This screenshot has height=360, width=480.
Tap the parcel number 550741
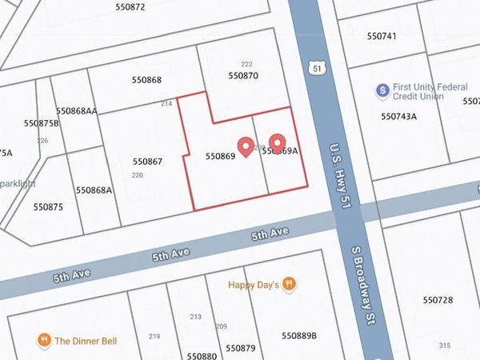click(382, 37)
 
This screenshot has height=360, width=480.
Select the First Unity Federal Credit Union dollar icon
click(382, 90)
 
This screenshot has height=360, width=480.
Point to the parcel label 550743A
click(398, 117)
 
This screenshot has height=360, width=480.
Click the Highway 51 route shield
click(319, 70)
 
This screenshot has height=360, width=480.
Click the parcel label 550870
click(243, 76)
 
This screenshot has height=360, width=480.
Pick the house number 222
click(246, 64)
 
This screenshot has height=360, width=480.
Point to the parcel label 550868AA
click(77, 111)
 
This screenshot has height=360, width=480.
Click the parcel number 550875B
click(42, 123)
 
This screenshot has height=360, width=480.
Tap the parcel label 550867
click(148, 162)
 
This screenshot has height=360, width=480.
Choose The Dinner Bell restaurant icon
click(45, 341)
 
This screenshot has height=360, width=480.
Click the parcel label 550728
click(438, 299)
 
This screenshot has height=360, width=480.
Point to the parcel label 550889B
click(296, 335)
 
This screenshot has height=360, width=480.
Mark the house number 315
click(445, 346)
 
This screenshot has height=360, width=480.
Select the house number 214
click(166, 104)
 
